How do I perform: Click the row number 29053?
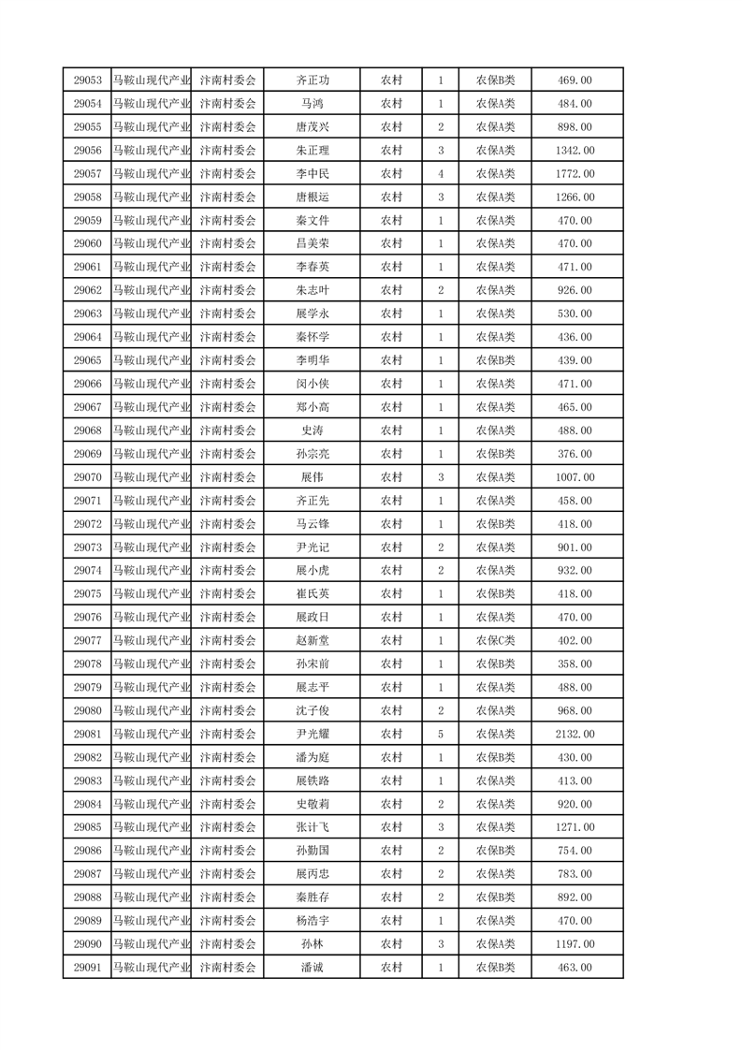(x=87, y=80)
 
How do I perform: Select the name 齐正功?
(x=313, y=80)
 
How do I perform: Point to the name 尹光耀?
(x=313, y=734)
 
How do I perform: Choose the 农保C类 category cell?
(x=496, y=640)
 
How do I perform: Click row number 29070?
(x=87, y=477)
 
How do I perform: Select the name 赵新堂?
(x=313, y=640)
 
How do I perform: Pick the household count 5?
(x=441, y=734)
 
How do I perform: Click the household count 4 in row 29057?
(x=441, y=173)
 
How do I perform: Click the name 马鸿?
(x=313, y=104)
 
